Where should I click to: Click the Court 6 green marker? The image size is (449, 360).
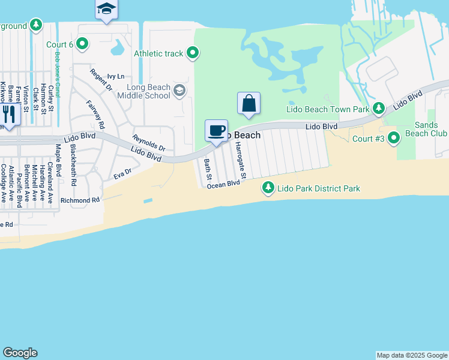[83, 44]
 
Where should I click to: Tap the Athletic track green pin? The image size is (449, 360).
[193, 53]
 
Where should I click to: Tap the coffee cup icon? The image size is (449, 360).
[217, 131]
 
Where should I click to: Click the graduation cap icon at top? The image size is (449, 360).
[106, 8]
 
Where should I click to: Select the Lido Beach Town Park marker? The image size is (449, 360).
[378, 109]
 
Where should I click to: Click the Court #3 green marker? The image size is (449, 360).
[394, 139]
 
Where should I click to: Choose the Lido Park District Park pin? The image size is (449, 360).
[268, 188]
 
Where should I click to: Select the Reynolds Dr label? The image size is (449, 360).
[149, 143]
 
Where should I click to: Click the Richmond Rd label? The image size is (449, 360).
[79, 200]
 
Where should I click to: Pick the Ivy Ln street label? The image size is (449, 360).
[115, 76]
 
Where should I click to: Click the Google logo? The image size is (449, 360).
[20, 353]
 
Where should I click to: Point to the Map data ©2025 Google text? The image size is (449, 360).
[412, 355]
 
